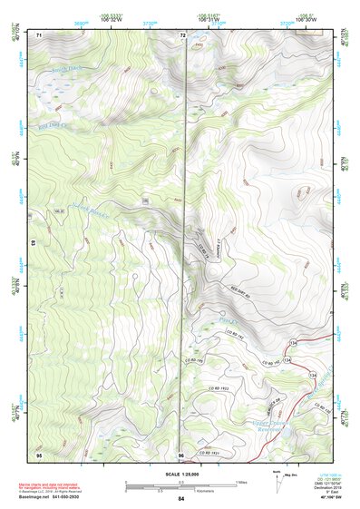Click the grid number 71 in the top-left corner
39,34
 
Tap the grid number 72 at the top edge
182,35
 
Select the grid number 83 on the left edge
35,244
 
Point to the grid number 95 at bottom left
39,454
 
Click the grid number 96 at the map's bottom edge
181,454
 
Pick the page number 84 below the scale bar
181,499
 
